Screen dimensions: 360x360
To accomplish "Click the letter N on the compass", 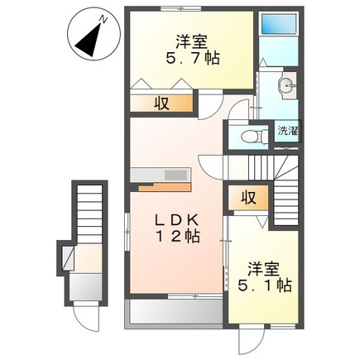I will coord(100,17).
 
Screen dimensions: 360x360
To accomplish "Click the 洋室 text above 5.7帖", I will coord(190,39).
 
